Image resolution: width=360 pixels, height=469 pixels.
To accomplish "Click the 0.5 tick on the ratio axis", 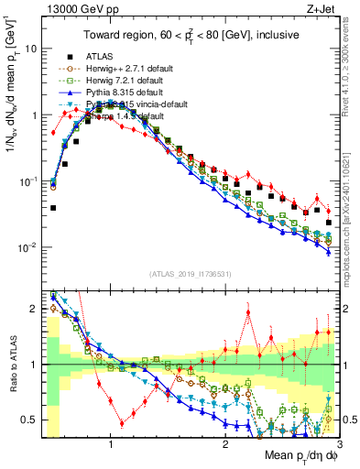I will [x=29, y=420].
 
